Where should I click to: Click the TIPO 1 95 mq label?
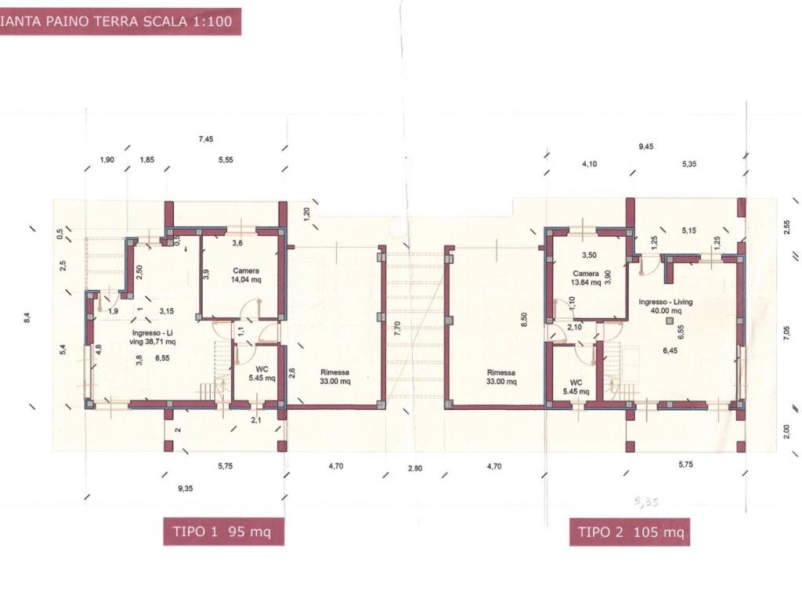tap(222, 531)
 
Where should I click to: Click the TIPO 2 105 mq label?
tap(630, 532)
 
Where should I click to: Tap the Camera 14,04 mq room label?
tap(246, 275)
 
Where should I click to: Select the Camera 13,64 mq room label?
tap(586, 277)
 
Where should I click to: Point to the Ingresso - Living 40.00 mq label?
tap(666, 306)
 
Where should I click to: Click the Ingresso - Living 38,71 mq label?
tap(153, 337)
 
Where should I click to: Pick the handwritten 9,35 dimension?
tap(646, 502)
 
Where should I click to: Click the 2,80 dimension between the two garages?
tap(415, 469)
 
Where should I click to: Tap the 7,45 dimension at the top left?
tap(206, 139)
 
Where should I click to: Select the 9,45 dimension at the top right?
tap(646, 147)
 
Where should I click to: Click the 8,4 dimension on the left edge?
tap(27, 318)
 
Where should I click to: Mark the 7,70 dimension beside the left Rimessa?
tap(397, 329)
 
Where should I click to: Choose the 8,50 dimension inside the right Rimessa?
tap(523, 320)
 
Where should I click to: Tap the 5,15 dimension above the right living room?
tap(689, 230)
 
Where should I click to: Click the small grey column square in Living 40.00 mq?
tap(670, 321)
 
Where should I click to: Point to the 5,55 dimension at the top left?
tap(226, 160)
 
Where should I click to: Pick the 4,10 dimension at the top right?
tap(589, 164)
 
